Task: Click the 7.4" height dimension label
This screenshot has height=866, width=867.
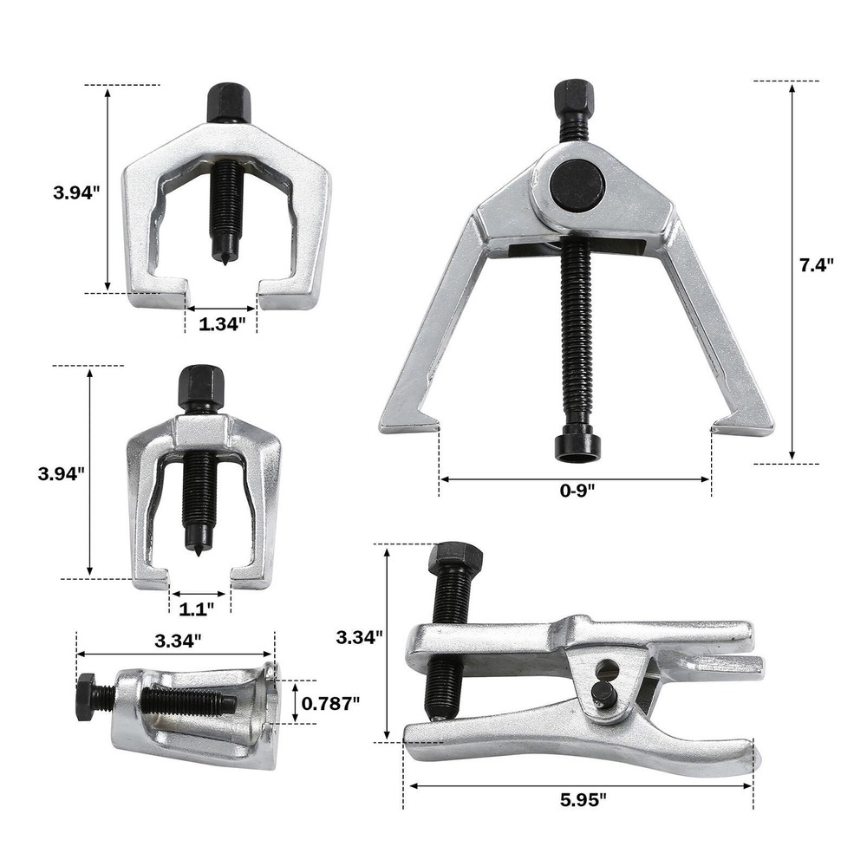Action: coord(816,265)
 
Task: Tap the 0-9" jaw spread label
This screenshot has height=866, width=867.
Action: coord(577,490)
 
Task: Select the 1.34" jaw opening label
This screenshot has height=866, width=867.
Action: coord(221,323)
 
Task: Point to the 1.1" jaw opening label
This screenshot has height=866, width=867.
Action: coord(196,609)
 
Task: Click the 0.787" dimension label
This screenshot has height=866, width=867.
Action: coord(330,703)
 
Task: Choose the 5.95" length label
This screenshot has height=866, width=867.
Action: coord(583,799)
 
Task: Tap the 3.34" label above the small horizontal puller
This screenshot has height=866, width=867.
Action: coord(178,641)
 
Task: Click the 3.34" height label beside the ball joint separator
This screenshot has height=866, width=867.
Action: coord(360,638)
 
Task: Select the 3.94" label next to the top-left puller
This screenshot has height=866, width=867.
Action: coord(76,192)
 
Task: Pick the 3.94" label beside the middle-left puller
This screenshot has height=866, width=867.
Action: coord(61,474)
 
